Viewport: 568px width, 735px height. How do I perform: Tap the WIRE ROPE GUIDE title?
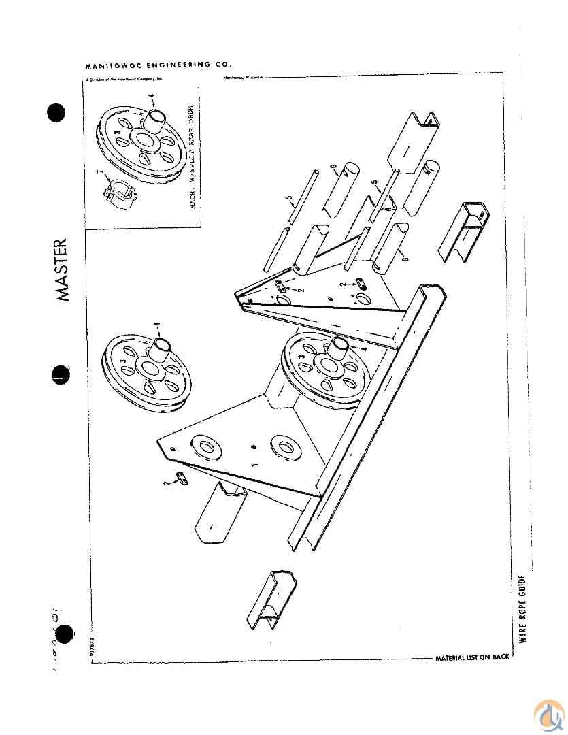(522, 609)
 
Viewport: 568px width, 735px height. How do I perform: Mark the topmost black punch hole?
(57, 112)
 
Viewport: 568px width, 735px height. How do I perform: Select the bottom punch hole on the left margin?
(65, 634)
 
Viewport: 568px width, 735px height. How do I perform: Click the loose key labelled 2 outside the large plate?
(182, 480)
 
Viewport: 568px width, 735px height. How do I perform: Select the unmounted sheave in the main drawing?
(146, 370)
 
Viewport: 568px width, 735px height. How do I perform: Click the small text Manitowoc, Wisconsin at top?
(240, 78)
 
